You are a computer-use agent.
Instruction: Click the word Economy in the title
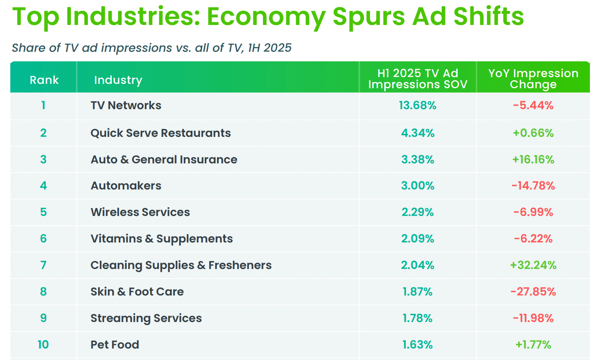click(266, 17)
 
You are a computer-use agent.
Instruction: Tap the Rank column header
click(44, 80)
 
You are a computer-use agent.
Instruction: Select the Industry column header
click(118, 80)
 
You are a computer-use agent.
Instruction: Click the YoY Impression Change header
click(533, 79)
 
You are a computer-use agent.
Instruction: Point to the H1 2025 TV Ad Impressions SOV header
click(418, 79)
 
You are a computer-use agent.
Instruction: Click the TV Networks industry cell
click(126, 106)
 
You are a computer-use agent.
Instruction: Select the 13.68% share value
click(418, 106)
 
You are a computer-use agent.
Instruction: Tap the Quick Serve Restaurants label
click(160, 133)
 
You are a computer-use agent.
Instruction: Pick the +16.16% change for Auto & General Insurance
click(533, 159)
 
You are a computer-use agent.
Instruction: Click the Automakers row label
click(126, 186)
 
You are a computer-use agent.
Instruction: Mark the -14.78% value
click(533, 186)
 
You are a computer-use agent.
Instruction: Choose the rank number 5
click(44, 212)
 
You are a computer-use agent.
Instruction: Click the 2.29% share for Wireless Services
click(418, 212)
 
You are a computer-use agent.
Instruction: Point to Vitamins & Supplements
click(162, 239)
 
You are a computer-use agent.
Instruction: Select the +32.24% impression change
click(533, 265)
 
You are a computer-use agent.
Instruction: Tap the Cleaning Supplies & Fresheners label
click(181, 265)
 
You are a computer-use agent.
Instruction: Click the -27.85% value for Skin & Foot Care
click(533, 292)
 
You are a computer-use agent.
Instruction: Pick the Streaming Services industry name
click(146, 318)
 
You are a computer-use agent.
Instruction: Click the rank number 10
click(43, 345)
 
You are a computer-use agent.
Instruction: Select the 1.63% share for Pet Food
click(418, 345)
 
